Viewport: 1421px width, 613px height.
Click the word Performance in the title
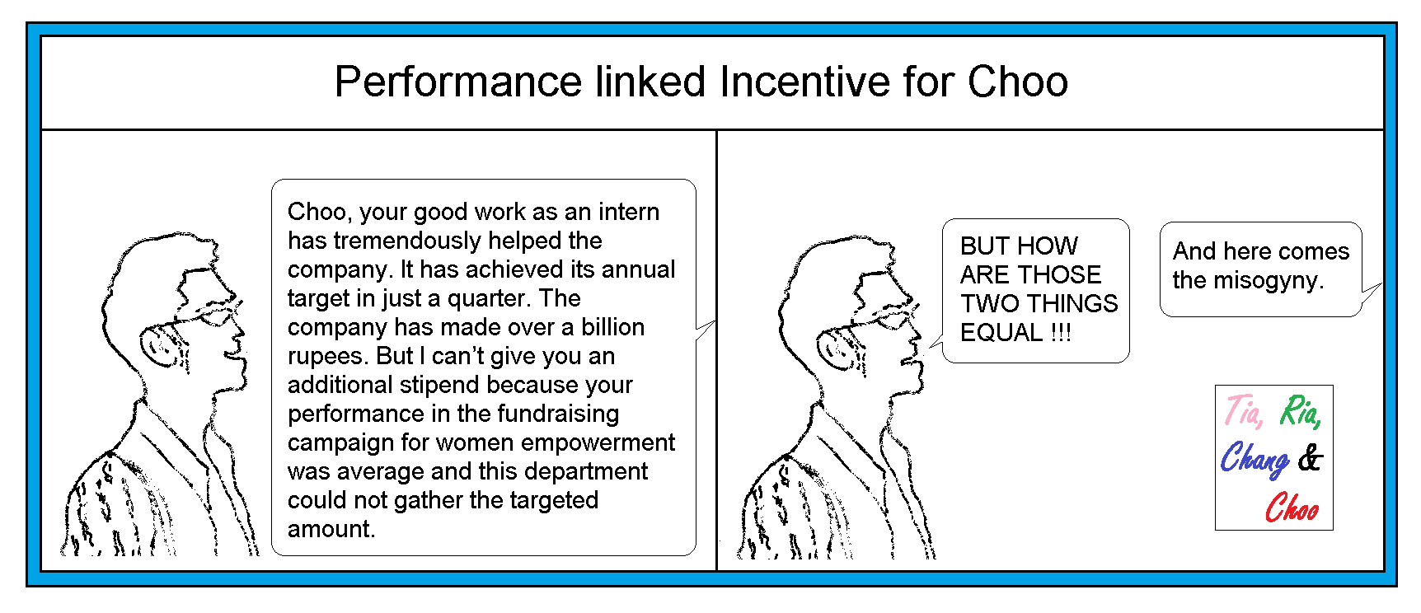pos(458,82)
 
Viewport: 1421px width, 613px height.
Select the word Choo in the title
pos(1018,82)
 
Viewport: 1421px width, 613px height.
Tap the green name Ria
pos(1300,410)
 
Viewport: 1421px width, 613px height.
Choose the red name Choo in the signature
pos(1292,508)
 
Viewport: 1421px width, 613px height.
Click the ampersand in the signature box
pos(1310,458)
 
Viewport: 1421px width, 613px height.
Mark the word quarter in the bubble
pos(486,299)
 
